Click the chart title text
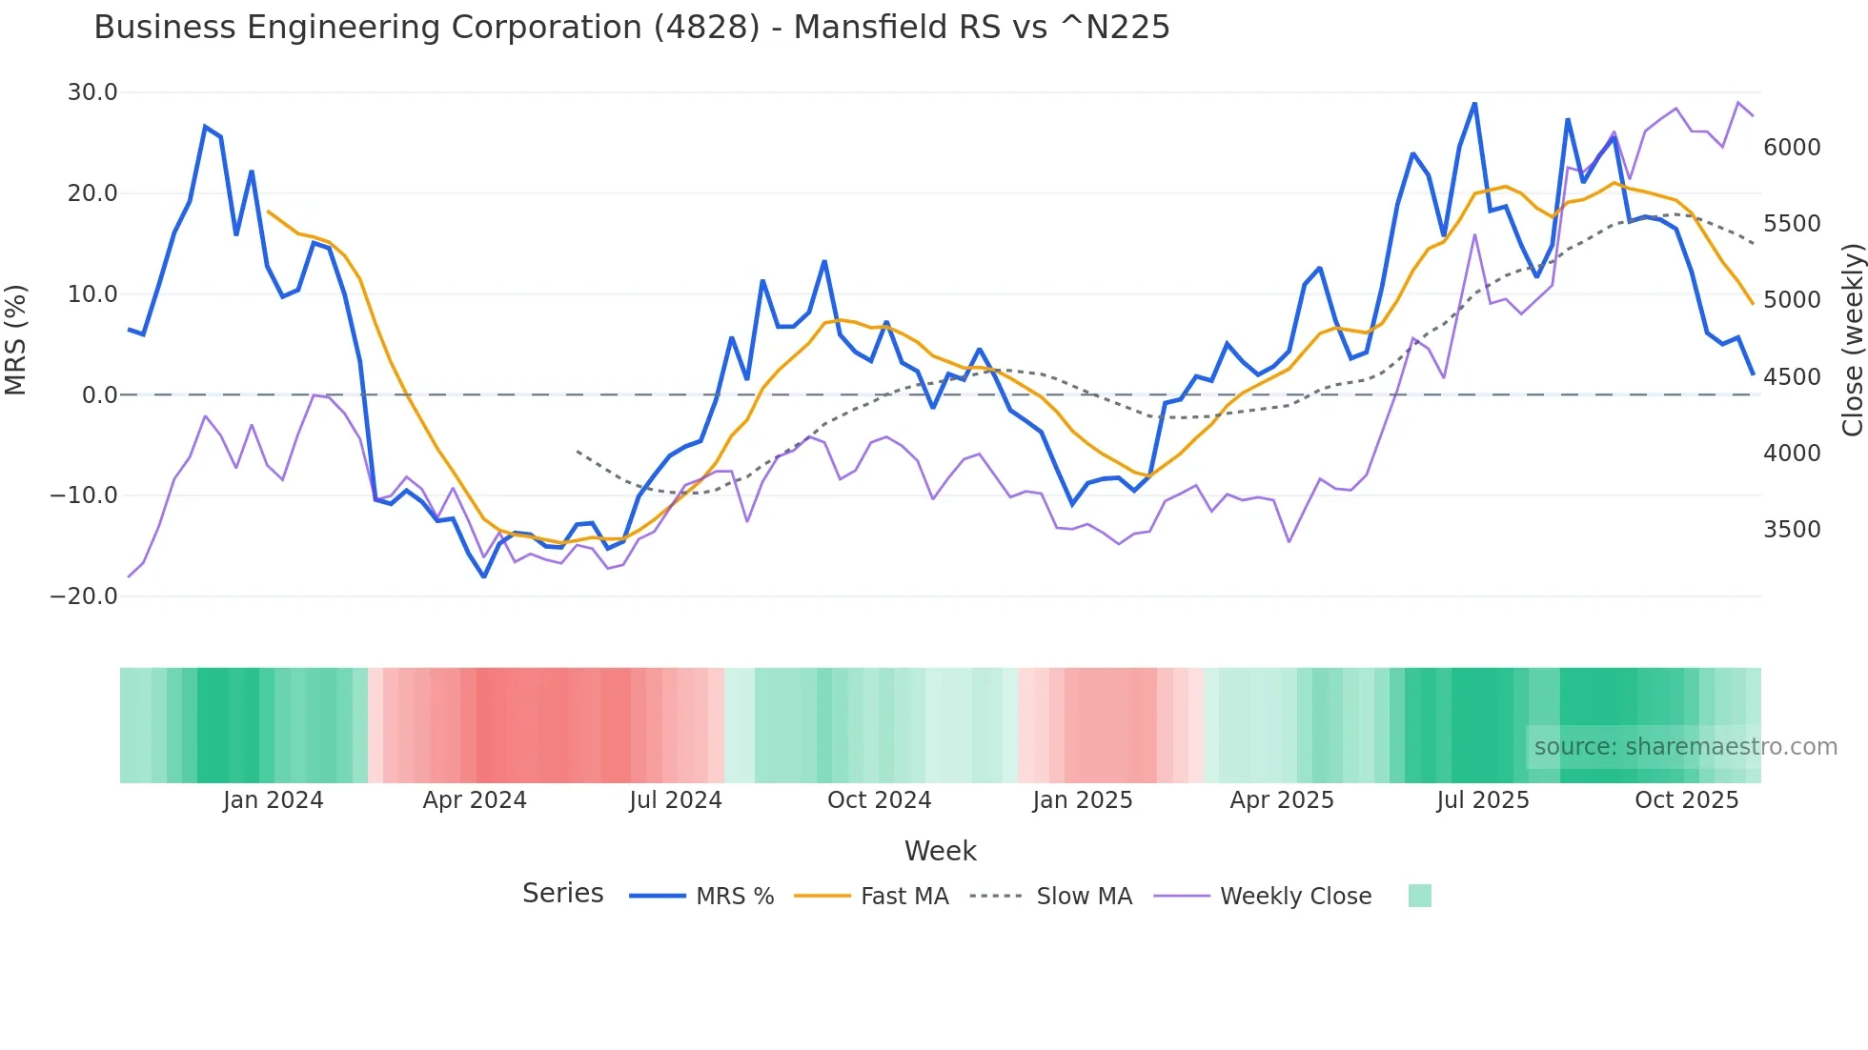tap(631, 28)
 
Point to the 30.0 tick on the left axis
tap(92, 92)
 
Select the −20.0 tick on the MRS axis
tap(84, 596)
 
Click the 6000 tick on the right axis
tap(1792, 148)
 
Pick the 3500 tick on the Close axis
tap(1792, 530)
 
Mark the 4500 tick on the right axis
tap(1792, 377)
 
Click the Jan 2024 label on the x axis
tap(273, 800)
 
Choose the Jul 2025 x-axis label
tap(1482, 800)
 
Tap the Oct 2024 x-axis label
tap(879, 800)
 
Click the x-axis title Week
tap(940, 851)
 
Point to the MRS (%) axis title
tap(16, 339)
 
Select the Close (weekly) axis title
tap(1852, 339)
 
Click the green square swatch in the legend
tap(1419, 896)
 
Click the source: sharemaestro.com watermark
tap(1685, 747)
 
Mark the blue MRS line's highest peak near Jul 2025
tap(1474, 103)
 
